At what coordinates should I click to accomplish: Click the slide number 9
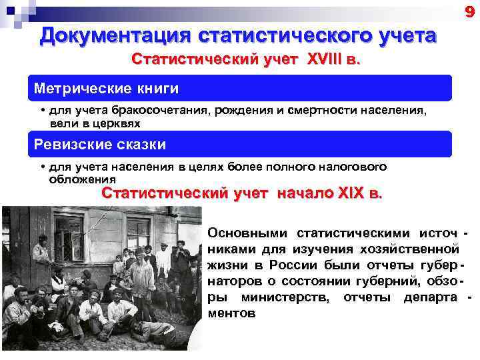tap(469, 11)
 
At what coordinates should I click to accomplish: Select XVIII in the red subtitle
tap(325, 61)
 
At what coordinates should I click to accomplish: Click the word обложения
tap(82, 179)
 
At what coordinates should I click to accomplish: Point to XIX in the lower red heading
tap(349, 194)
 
